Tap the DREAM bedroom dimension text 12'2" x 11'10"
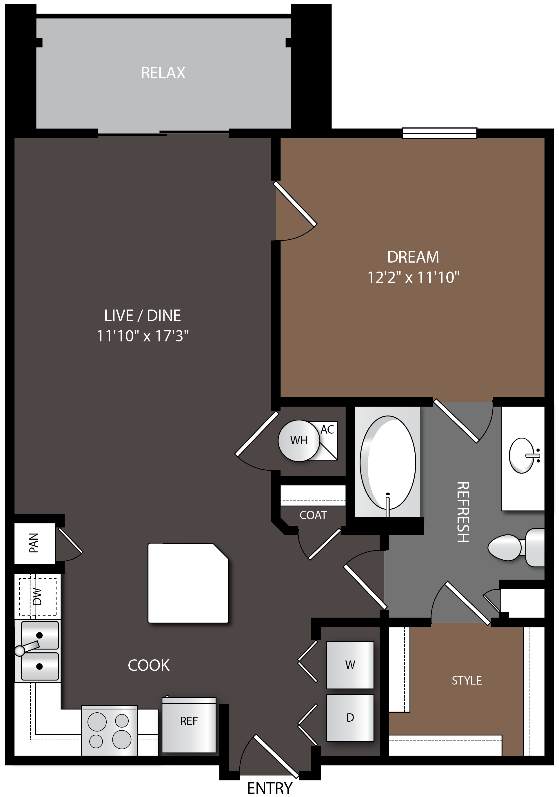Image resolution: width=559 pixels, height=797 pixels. tap(413, 278)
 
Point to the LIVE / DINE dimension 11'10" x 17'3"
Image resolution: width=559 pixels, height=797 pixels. tap(143, 336)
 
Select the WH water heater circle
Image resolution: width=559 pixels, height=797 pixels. tap(299, 441)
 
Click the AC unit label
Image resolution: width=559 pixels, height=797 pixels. tap(327, 430)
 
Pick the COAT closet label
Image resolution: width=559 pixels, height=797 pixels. tap(313, 515)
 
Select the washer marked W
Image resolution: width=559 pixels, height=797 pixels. tap(350, 665)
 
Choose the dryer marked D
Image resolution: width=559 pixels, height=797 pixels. tap(350, 718)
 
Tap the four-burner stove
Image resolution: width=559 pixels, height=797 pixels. tap(109, 730)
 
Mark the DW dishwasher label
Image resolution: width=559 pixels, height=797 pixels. tap(37, 596)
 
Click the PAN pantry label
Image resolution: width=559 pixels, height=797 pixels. tap(34, 543)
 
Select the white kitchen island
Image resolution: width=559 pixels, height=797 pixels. tap(188, 583)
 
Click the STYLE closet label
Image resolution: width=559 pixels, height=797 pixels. tap(467, 680)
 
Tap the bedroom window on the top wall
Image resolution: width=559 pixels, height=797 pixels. tap(439, 133)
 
